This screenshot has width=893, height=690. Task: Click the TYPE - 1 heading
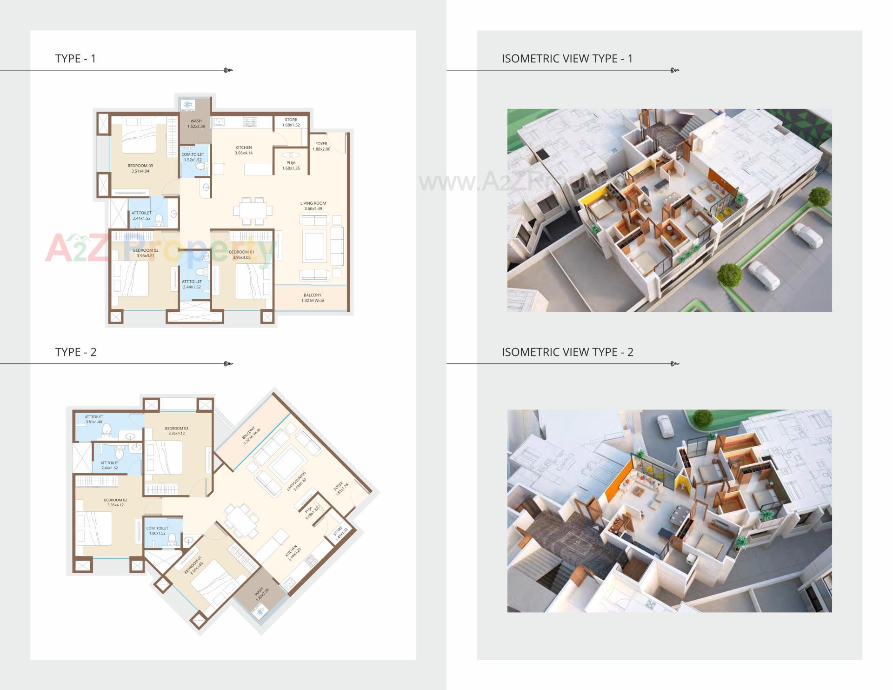pyautogui.click(x=75, y=59)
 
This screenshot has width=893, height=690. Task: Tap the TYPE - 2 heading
pyautogui.click(x=76, y=352)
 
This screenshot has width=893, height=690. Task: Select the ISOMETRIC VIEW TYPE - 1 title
pyautogui.click(x=567, y=59)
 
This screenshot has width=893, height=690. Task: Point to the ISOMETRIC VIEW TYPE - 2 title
pyautogui.click(x=567, y=352)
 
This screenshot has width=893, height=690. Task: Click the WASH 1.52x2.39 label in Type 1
pyautogui.click(x=196, y=124)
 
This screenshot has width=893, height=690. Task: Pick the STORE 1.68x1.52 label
pyautogui.click(x=291, y=122)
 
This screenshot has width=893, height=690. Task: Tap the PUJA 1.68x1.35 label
pyautogui.click(x=291, y=166)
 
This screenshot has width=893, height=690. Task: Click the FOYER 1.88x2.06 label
pyautogui.click(x=321, y=147)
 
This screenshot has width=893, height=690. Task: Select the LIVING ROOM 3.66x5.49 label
pyautogui.click(x=313, y=206)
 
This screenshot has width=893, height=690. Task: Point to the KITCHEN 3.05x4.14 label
pyautogui.click(x=243, y=150)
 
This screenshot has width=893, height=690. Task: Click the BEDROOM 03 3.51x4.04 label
pyautogui.click(x=140, y=168)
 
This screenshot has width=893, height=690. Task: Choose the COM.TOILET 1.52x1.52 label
pyautogui.click(x=193, y=157)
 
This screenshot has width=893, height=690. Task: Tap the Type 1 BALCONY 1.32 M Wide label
pyautogui.click(x=313, y=298)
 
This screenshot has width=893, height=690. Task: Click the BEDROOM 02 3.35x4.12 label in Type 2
pyautogui.click(x=115, y=502)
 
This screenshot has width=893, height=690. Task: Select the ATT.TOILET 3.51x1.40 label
pyautogui.click(x=93, y=420)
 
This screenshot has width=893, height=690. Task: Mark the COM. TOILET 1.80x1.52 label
pyautogui.click(x=157, y=531)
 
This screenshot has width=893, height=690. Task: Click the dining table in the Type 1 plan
pyautogui.click(x=252, y=210)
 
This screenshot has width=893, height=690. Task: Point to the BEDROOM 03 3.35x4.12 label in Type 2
pyautogui.click(x=176, y=431)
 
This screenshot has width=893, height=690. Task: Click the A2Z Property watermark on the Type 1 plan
pyautogui.click(x=158, y=248)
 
